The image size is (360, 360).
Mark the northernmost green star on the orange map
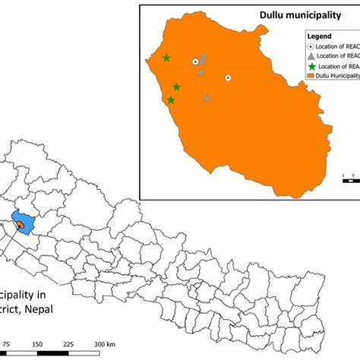[166, 58]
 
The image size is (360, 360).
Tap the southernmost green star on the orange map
[171, 99]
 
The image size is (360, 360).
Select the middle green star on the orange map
[176, 87]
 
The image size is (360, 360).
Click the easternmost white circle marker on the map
[227, 77]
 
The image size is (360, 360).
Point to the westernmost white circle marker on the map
[195, 62]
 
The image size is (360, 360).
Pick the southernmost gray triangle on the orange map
[207, 97]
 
